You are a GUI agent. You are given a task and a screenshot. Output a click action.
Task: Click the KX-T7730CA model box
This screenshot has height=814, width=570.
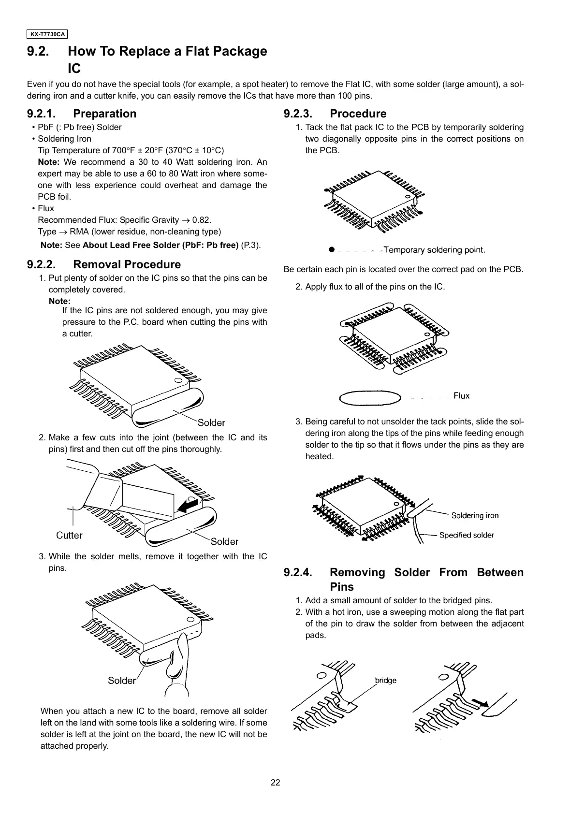pos(47,34)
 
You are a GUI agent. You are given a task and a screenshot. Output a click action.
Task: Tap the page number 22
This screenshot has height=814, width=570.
pos(275,783)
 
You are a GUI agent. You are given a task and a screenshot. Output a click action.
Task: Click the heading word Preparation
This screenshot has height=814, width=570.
pos(104,114)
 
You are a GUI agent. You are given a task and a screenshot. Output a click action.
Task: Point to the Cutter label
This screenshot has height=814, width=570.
pos(69,535)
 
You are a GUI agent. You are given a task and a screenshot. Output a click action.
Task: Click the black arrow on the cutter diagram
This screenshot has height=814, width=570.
pos(188,506)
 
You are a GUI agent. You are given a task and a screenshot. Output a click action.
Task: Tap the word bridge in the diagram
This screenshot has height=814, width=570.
pos(385,681)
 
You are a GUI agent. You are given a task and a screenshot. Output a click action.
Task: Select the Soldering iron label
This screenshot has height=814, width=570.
pos(475,515)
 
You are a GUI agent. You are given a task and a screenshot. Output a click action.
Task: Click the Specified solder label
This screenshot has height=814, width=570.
pos(467,535)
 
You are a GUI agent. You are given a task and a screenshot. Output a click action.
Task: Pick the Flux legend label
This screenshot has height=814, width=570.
pos(461,396)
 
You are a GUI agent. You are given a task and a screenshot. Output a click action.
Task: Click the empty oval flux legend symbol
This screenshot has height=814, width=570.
pos(371,397)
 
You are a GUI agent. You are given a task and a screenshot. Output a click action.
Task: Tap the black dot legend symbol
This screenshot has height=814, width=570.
pos(331,249)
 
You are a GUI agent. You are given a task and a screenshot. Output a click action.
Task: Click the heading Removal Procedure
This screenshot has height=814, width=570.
pos(127,265)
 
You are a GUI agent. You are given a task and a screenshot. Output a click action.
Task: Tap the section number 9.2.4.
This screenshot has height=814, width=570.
pos(298,573)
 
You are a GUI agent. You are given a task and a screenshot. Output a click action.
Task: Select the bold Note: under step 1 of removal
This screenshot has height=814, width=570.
pos(59,301)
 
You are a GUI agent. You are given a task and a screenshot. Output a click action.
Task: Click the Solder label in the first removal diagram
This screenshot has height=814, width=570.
pos(211,423)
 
